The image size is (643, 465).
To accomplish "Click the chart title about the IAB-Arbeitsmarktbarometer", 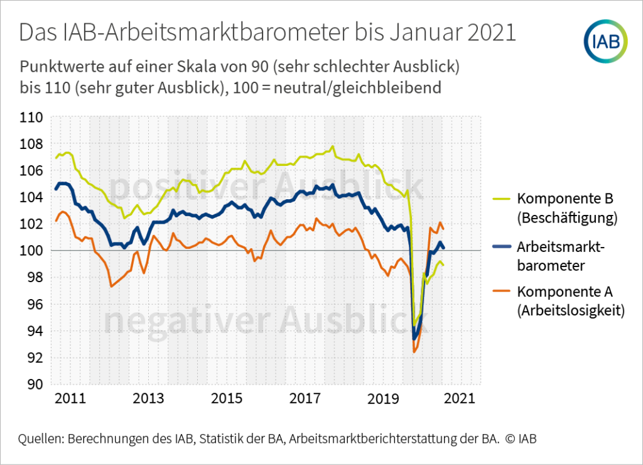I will tap(267, 33).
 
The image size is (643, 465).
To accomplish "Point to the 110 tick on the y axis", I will tap(31, 118).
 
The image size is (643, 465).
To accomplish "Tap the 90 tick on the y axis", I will tap(35, 385).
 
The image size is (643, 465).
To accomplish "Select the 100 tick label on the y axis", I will tap(31, 251).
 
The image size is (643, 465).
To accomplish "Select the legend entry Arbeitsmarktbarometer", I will tap(561, 256).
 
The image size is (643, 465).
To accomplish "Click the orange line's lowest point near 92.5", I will tap(414, 352).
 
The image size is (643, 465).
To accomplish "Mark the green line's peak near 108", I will tap(332, 147).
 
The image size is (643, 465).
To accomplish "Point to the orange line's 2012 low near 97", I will tap(111, 287).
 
